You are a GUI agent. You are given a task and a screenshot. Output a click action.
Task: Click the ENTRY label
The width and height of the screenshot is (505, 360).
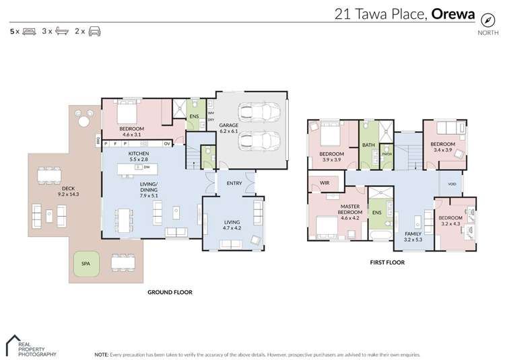(234, 183)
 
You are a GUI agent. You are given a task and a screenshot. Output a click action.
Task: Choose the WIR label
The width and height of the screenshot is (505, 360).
(325, 182)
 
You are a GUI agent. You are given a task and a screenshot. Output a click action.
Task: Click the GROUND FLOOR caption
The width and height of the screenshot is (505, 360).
(170, 292)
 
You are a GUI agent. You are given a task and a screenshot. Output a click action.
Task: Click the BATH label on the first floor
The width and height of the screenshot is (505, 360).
(368, 145)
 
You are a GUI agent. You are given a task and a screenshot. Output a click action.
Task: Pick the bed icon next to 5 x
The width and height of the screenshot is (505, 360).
(29, 32)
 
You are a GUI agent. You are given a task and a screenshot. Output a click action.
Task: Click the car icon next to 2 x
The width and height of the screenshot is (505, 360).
(94, 32)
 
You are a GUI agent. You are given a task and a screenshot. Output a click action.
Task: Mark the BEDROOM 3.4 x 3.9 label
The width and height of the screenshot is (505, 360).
(442, 147)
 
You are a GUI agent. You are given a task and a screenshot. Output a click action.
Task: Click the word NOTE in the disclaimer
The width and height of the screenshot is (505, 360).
(102, 354)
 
